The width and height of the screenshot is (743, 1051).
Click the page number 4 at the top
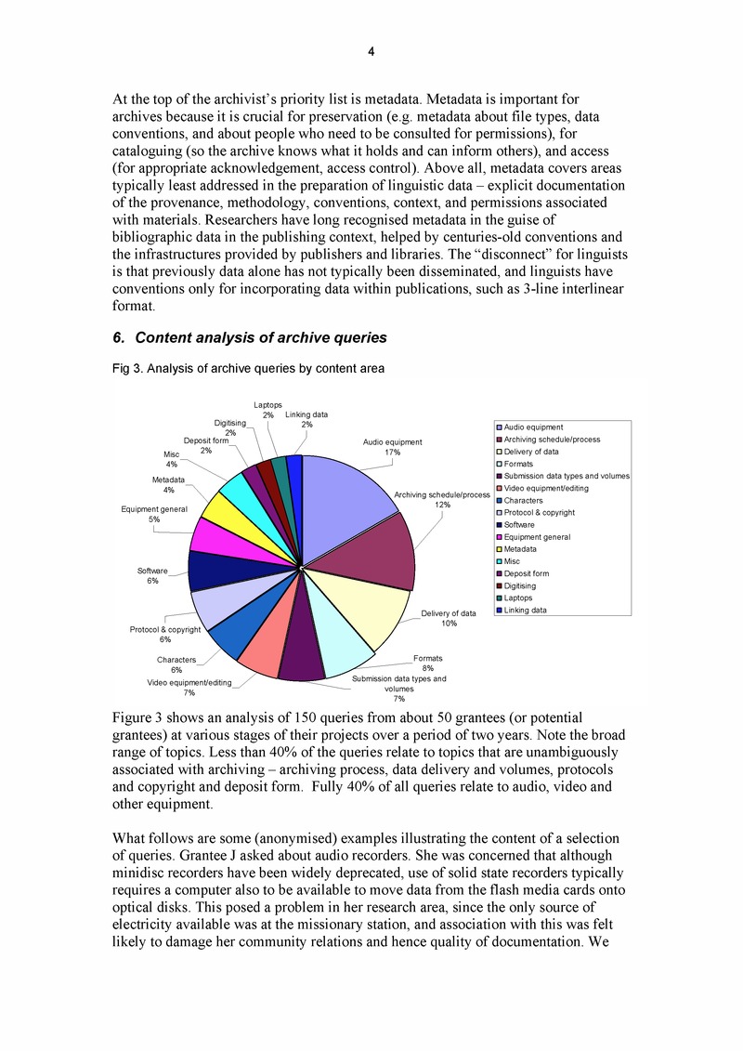371,52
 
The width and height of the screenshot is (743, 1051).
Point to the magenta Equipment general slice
228,536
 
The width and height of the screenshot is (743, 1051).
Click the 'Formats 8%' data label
427,663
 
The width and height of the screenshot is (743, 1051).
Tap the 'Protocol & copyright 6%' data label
164,635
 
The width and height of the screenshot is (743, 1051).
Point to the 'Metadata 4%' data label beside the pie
169,484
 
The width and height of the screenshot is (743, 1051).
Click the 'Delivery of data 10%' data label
449,618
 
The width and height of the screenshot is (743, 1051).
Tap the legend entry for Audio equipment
533,427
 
